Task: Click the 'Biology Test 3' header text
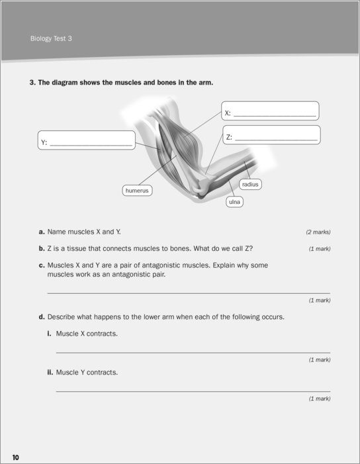pos(51,38)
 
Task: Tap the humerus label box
pos(137,190)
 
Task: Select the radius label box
pos(250,185)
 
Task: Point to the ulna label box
pos(234,202)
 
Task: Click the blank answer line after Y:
pos(91,146)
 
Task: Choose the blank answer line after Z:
pos(276,140)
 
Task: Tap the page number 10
pos(15,457)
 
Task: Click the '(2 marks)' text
pos(318,232)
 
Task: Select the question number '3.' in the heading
pos(32,83)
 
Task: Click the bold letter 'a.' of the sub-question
pos(42,232)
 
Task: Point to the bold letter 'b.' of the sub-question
pos(42,248)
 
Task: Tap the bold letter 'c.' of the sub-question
pos(42,265)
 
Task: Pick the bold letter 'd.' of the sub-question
pos(42,317)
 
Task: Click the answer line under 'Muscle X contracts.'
pos(193,353)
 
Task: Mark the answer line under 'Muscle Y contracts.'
pos(193,391)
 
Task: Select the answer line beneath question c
pos(189,293)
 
